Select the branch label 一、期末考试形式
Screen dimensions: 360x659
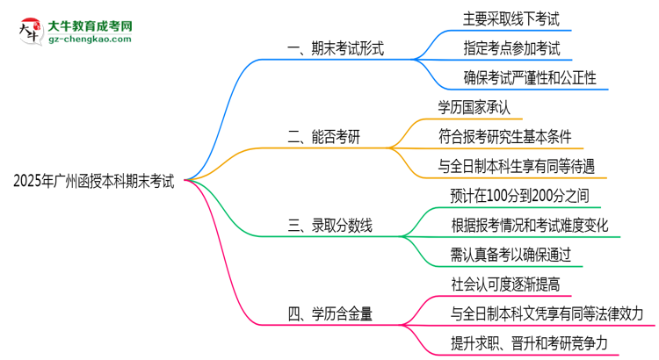point(336,49)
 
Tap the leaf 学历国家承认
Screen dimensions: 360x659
point(474,107)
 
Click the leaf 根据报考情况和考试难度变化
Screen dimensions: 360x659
point(530,225)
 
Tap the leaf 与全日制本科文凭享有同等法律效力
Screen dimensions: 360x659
point(547,313)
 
